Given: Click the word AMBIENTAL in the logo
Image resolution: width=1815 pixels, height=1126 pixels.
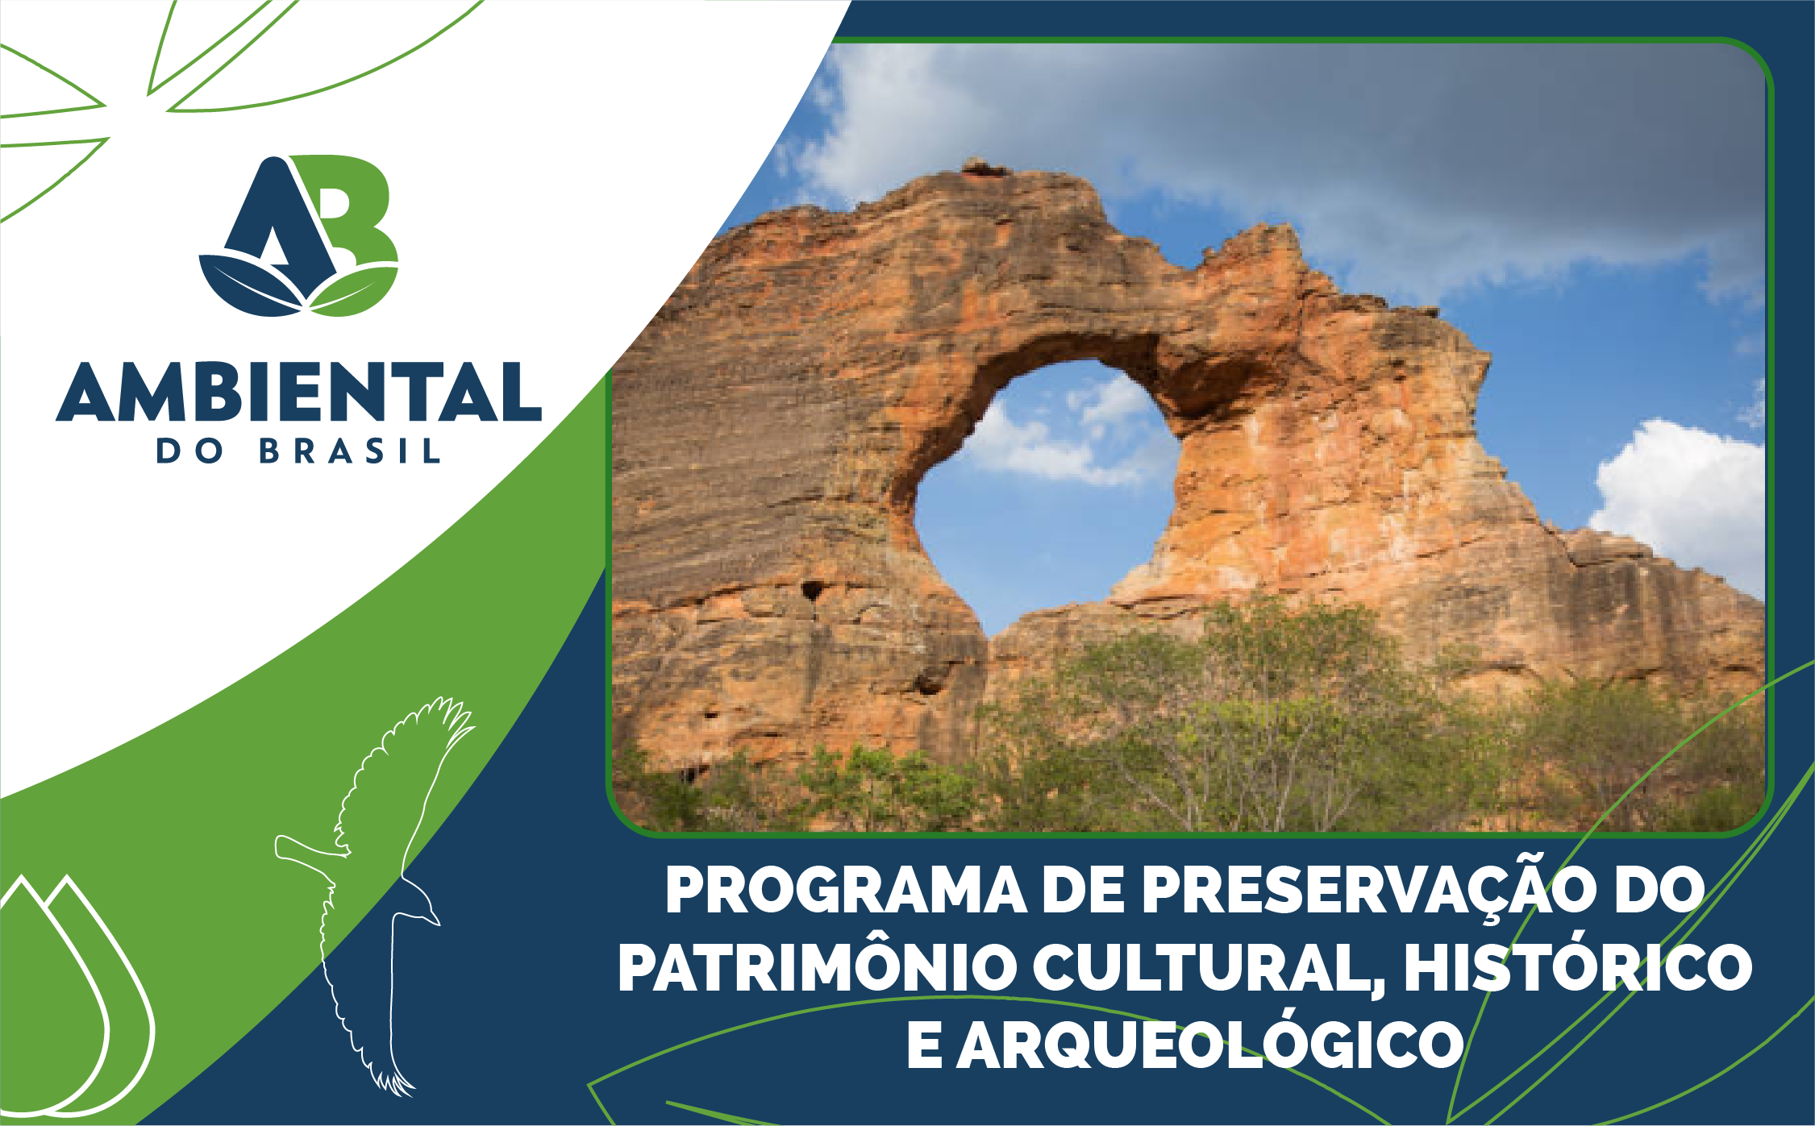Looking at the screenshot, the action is pos(298,392).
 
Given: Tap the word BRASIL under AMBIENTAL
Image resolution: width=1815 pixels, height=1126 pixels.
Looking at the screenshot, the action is pos(350,451).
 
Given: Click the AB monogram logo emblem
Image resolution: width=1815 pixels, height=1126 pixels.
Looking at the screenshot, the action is pos(299,235).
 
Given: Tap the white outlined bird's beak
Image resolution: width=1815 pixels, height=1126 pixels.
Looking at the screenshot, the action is pos(432,917).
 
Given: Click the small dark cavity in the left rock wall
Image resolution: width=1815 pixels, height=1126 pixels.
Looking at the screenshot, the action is pos(813,591).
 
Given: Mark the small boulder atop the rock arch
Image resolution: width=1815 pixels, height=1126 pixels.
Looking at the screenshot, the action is pos(982,168).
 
